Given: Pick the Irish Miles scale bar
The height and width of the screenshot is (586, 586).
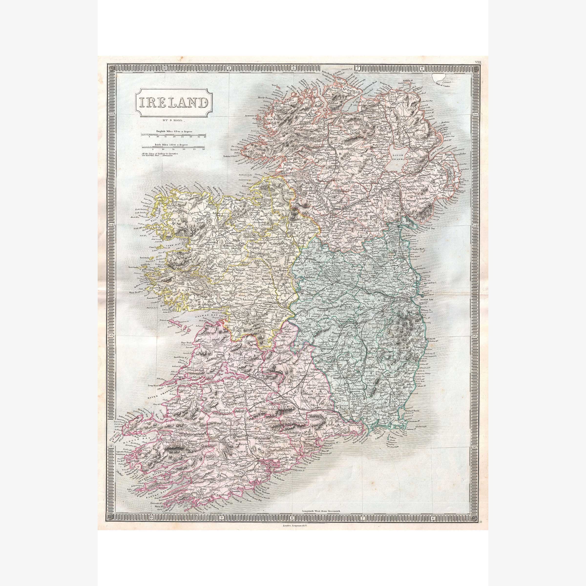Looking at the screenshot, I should click(x=173, y=147).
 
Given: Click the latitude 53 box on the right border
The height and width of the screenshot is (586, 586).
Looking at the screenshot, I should click(x=475, y=336).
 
